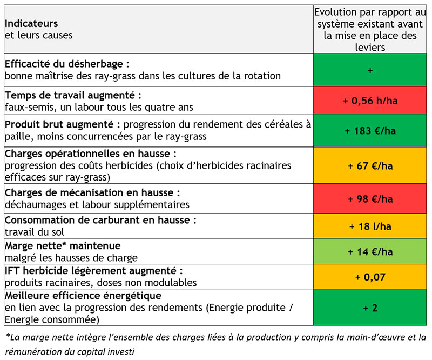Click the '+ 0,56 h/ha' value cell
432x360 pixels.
(x=370, y=101)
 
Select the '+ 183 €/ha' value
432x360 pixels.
(x=370, y=130)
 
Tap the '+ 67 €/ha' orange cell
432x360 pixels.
(x=370, y=166)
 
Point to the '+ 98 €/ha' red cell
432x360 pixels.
(x=370, y=199)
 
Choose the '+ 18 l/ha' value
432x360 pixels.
(x=370, y=226)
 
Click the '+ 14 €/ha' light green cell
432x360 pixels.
(x=370, y=251)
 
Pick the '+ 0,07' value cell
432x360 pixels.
(x=370, y=277)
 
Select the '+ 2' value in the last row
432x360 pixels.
(x=370, y=308)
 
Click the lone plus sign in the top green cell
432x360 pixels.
(x=370, y=71)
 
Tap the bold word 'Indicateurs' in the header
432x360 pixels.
(x=31, y=23)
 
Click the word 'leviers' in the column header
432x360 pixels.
(x=370, y=48)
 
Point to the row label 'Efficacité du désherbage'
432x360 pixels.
(x=64, y=64)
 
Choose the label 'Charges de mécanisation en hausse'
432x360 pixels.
(x=89, y=192)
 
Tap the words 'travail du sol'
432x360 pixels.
(x=34, y=232)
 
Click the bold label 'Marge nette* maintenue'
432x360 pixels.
(x=63, y=245)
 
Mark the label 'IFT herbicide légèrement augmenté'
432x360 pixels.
(x=90, y=271)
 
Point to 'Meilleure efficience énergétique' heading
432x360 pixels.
(x=83, y=296)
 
